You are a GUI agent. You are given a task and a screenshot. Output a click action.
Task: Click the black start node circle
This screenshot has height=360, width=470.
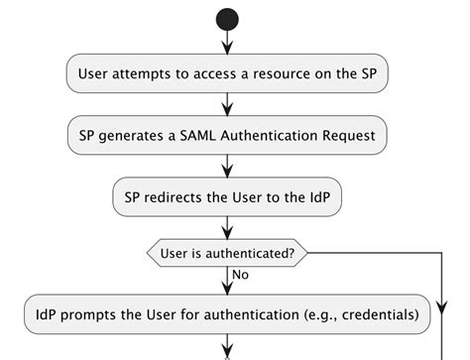227,18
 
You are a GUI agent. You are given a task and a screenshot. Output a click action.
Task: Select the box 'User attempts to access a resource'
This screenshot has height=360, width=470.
227,74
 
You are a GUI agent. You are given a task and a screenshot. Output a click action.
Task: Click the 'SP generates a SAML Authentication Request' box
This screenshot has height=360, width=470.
227,135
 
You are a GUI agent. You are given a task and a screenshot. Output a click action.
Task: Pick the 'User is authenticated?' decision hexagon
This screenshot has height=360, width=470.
227,253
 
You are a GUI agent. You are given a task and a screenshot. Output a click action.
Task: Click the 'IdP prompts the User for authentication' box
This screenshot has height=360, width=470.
227,315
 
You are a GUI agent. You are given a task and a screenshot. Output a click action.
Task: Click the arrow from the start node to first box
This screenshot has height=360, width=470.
227,43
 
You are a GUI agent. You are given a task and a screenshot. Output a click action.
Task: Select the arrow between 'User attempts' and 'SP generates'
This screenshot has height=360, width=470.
227,104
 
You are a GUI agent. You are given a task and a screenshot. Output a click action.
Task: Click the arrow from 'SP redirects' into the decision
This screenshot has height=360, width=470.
227,225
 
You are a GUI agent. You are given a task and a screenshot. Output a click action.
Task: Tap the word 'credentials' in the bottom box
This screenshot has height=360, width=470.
373,315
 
